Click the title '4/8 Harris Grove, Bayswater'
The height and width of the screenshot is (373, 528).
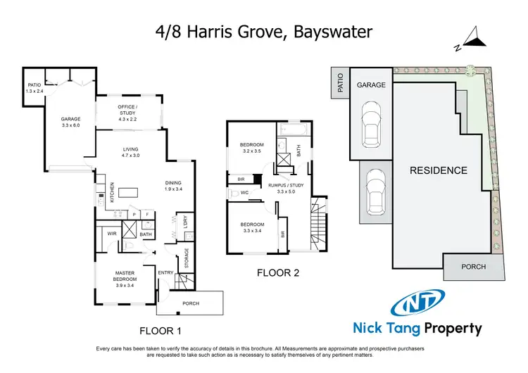(x=263, y=32)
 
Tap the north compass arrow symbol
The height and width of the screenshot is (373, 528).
(x=472, y=41)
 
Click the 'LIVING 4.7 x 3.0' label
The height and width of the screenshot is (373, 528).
(x=131, y=152)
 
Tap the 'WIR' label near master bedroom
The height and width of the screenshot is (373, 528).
(x=111, y=234)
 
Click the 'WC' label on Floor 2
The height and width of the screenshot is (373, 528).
(x=244, y=192)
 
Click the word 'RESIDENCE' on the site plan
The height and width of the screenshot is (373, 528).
(x=438, y=170)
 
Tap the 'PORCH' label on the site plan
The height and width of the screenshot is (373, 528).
(x=472, y=267)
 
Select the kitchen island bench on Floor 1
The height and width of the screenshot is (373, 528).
(x=130, y=192)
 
